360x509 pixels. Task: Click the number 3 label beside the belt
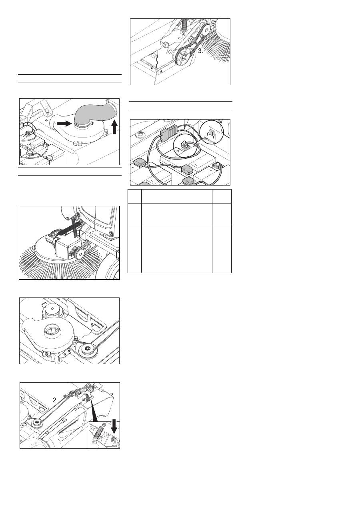[x=200, y=51]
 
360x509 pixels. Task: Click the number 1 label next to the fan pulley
[x=76, y=348]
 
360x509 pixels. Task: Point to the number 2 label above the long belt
[x=55, y=400]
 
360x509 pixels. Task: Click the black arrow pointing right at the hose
[x=64, y=124]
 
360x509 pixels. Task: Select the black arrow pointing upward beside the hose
[x=114, y=127]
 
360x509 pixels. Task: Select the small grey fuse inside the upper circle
[x=211, y=134]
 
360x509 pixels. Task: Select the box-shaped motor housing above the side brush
[x=66, y=248]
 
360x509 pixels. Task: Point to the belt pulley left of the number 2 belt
[x=36, y=422]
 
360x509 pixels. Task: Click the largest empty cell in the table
[x=177, y=249]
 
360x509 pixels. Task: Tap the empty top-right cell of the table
[x=222, y=197]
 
